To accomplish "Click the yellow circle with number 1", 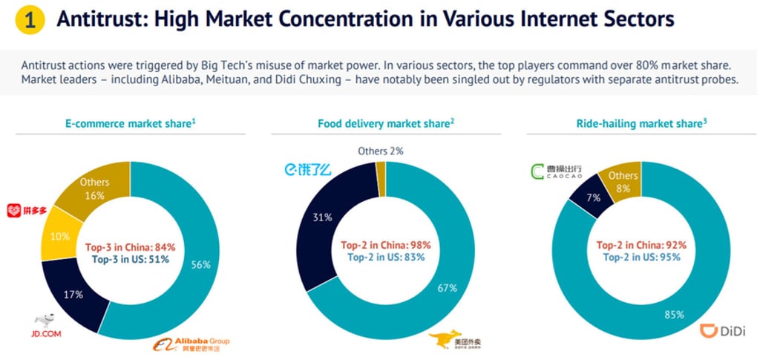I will (29, 21).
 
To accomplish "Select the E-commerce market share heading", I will (131, 124).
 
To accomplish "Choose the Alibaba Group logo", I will (191, 344).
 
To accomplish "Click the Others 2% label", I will (380, 151).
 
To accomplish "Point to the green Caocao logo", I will (560, 173).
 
